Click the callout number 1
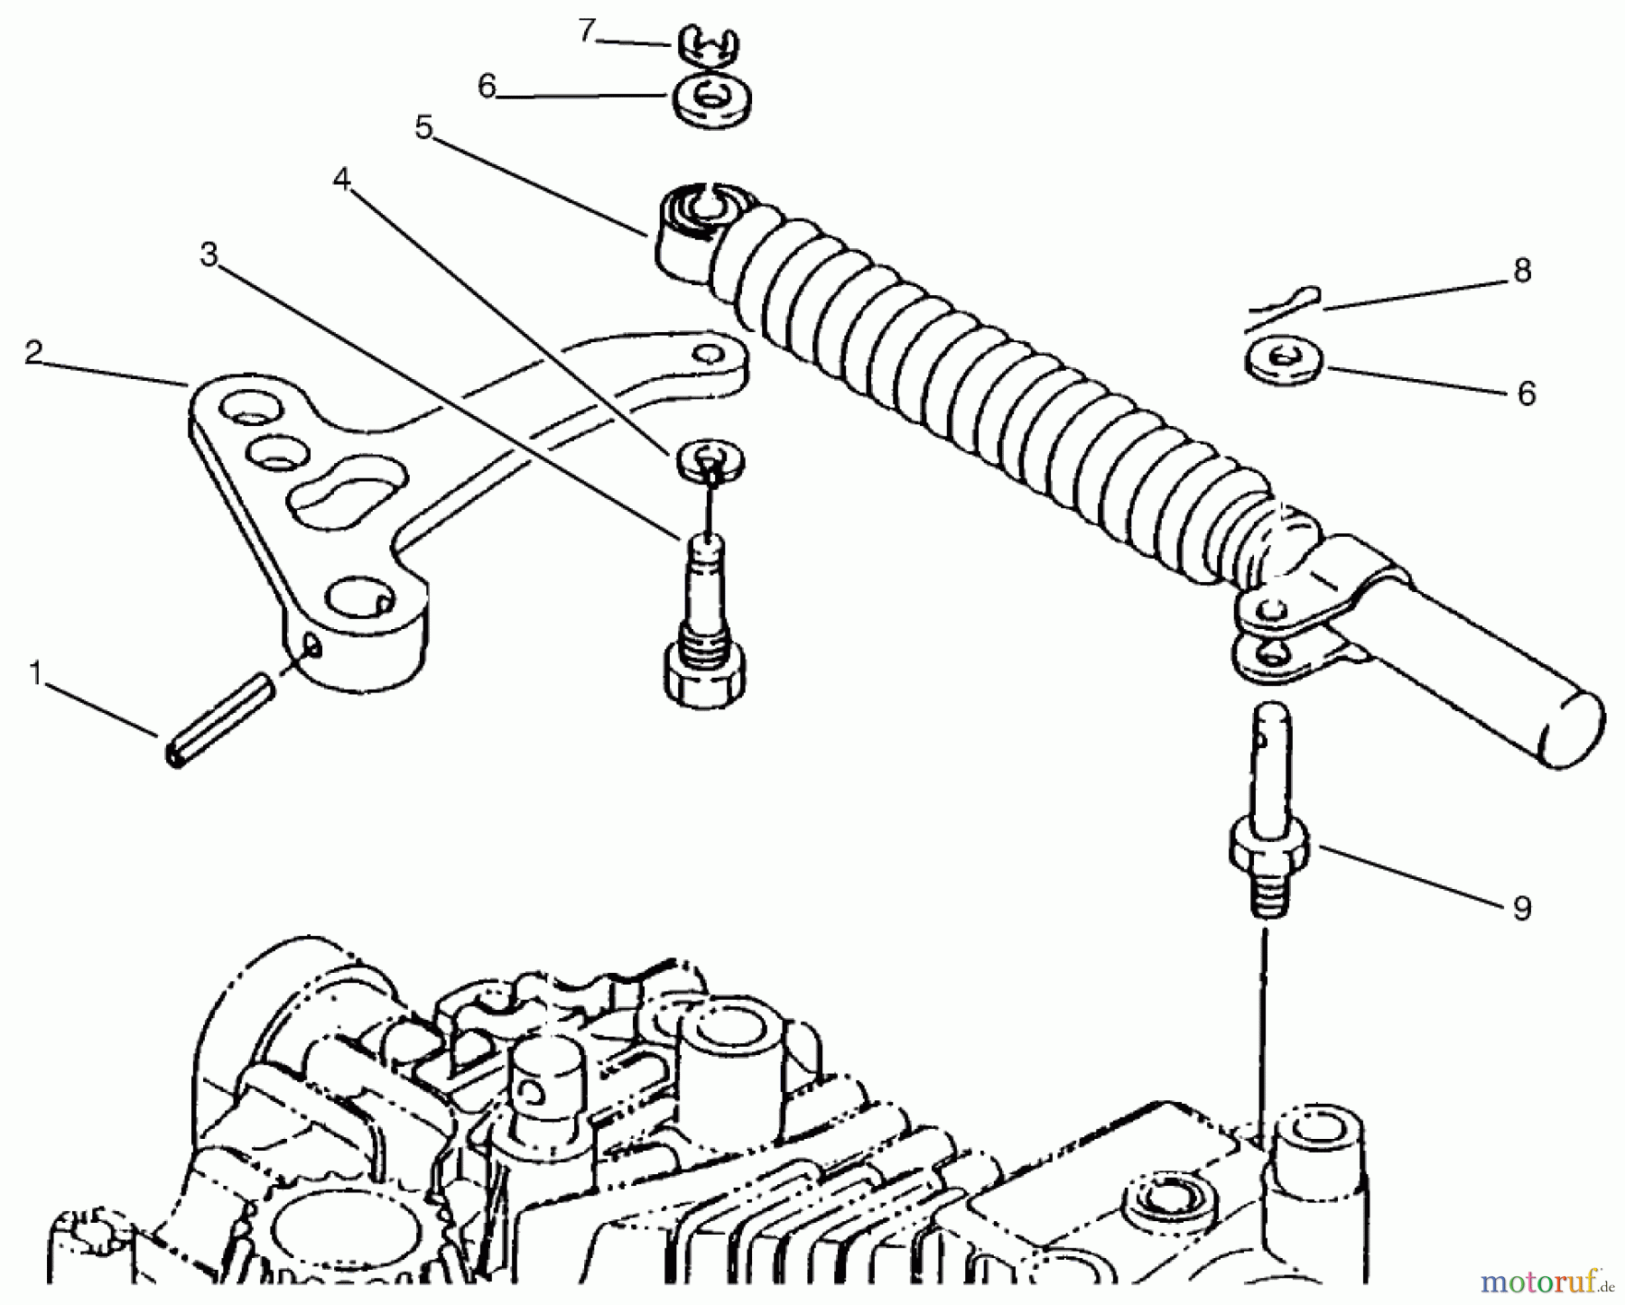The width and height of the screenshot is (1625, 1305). pos(35,673)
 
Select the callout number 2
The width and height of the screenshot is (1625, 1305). pos(33,352)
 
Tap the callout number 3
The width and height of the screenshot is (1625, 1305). pos(209,255)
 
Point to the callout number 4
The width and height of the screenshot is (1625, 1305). pos(340,180)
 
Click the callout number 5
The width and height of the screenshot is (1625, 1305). pos(423,127)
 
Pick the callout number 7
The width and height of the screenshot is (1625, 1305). pos(588,32)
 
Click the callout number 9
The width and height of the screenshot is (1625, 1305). pos(1522,908)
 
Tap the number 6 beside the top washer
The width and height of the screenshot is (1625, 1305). pos(487,88)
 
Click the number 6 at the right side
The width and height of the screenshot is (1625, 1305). pos(1526,393)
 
